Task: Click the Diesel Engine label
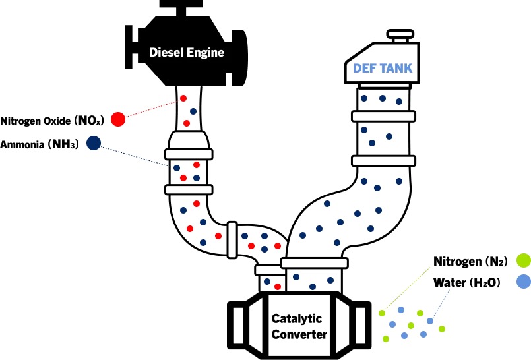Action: [186, 53]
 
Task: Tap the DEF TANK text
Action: [383, 66]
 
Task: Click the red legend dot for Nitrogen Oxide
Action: [118, 119]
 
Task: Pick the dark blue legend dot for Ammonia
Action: [93, 142]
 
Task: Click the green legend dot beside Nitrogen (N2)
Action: [523, 260]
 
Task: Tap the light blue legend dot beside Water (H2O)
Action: [523, 282]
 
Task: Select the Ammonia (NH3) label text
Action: [40, 144]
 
